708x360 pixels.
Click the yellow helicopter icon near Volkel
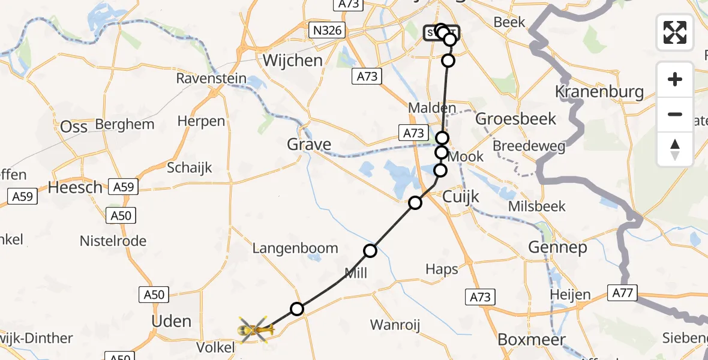pos(255,329)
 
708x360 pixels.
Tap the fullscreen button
pos(675,32)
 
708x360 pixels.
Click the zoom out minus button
pos(675,114)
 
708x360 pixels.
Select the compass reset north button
pos(675,149)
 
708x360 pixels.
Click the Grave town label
pos(309,144)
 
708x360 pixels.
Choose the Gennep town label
pos(557,247)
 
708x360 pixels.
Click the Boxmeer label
pos(532,340)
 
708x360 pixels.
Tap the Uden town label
pos(172,321)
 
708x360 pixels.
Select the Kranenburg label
pos(599,92)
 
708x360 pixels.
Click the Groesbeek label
pos(516,118)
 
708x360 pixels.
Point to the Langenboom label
pos(295,248)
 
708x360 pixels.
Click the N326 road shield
pos(328,30)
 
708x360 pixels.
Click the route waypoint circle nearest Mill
pos(371,251)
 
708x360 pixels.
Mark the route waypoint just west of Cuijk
pos(415,203)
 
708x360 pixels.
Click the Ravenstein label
pos(211,79)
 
